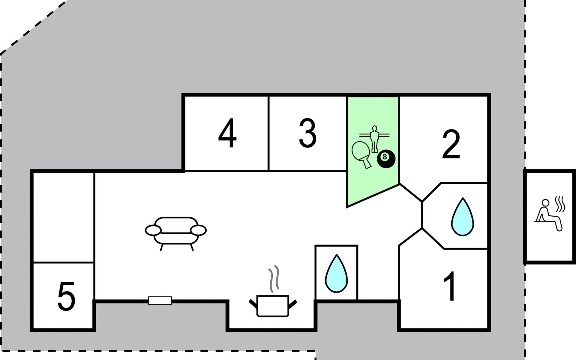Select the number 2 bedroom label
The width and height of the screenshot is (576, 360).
[451, 144]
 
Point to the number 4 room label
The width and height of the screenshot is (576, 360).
[227, 133]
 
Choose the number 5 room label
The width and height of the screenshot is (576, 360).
[66, 296]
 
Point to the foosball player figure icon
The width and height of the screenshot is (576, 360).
[374, 139]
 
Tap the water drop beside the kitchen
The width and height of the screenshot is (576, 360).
[337, 273]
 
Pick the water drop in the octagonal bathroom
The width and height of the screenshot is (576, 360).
[463, 217]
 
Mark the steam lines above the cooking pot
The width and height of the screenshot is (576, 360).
[274, 279]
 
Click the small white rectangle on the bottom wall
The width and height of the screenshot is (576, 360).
[160, 300]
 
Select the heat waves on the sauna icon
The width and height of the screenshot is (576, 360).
[560, 204]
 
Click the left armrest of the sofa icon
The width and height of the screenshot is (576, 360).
[153, 230]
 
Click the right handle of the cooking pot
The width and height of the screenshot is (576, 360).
[292, 304]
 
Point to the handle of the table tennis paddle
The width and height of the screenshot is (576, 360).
[366, 163]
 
